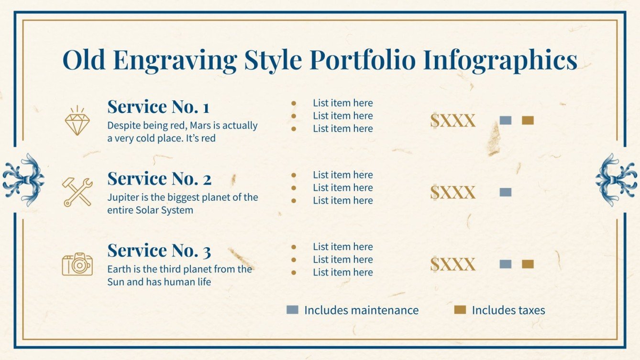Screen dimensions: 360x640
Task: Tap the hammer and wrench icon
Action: pyautogui.click(x=77, y=192)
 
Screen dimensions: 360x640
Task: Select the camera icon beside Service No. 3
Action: pyautogui.click(x=77, y=264)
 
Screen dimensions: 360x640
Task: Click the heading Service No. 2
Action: pyautogui.click(x=159, y=179)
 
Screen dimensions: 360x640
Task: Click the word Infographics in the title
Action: pyautogui.click(x=500, y=60)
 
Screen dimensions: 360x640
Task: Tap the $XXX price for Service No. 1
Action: pyautogui.click(x=452, y=120)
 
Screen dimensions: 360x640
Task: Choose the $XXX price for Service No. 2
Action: pyautogui.click(x=452, y=192)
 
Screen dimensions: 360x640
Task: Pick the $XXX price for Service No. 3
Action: pyautogui.click(x=452, y=264)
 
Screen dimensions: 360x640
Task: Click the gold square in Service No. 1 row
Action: pyautogui.click(x=528, y=120)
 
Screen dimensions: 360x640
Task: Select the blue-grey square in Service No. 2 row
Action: pyautogui.click(x=506, y=192)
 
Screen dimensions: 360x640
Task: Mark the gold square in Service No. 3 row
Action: pyautogui.click(x=528, y=264)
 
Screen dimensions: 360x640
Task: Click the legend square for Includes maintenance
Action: pyautogui.click(x=292, y=310)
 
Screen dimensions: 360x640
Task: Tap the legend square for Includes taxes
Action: pyautogui.click(x=460, y=310)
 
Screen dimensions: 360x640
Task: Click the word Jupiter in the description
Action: pyautogui.click(x=122, y=197)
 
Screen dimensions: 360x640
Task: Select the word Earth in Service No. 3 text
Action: pyautogui.click(x=118, y=269)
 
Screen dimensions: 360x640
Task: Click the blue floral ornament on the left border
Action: pyautogui.click(x=23, y=180)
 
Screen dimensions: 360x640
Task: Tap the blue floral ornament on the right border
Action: pyautogui.click(x=617, y=180)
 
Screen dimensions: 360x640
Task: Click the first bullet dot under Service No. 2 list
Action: pyautogui.click(x=294, y=175)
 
